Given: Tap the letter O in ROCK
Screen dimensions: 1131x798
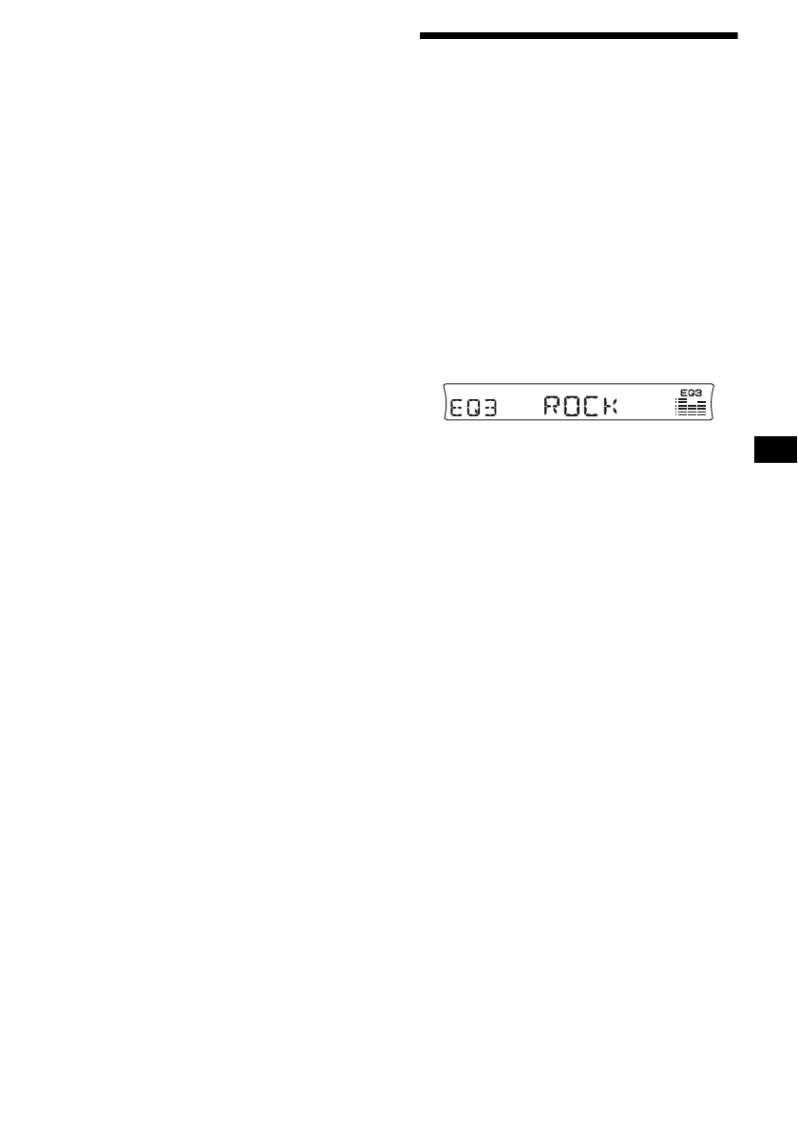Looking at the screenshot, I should [x=573, y=407].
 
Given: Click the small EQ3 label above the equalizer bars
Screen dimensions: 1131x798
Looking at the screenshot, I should [x=691, y=392].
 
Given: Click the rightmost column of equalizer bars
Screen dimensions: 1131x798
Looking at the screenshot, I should [x=701, y=410].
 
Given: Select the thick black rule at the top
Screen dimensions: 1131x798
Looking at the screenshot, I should [x=579, y=37].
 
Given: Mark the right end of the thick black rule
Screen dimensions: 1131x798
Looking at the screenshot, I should [x=735, y=37].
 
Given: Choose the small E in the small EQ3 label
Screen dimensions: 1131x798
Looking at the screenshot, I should [x=684, y=392].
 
